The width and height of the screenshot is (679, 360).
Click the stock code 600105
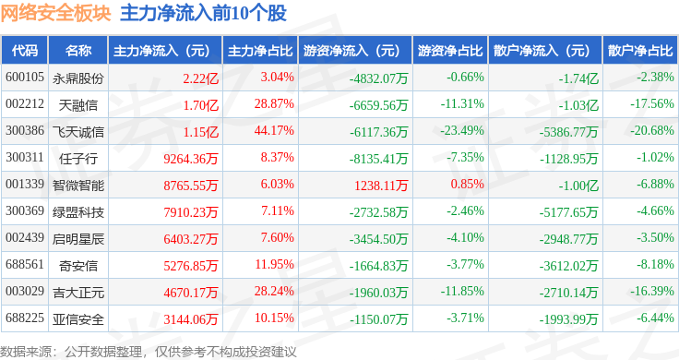tap(25, 78)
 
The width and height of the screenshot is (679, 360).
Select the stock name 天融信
tap(78, 105)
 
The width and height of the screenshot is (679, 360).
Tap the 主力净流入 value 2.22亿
tap(200, 78)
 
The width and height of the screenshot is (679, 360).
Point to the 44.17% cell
tap(274, 131)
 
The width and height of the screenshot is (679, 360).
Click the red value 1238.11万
tap(381, 186)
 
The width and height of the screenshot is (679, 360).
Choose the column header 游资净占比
tap(450, 51)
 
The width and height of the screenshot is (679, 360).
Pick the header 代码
tap(25, 51)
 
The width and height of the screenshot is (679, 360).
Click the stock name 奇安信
tap(78, 266)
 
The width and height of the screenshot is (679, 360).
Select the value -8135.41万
tap(378, 159)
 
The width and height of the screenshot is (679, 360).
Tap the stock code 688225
tap(25, 318)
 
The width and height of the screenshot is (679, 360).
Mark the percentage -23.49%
tap(462, 131)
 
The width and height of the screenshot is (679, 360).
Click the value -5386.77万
tap(568, 132)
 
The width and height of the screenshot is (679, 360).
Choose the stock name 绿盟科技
tap(78, 212)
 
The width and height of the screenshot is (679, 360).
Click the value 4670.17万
tap(191, 293)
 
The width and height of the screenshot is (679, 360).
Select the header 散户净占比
tap(640, 51)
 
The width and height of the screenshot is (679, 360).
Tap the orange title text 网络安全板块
tap(56, 13)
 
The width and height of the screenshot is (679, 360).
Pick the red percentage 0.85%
tap(467, 184)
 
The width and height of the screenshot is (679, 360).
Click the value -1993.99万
tap(568, 319)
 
